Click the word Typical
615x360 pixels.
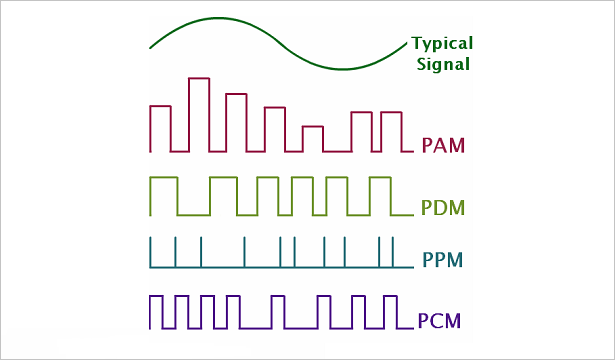(x=442, y=44)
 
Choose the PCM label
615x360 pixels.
(x=440, y=322)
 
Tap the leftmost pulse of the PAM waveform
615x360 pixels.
(x=160, y=128)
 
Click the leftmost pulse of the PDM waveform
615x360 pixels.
(x=163, y=195)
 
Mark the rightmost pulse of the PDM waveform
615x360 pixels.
(x=379, y=195)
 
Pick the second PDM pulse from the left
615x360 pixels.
(x=223, y=195)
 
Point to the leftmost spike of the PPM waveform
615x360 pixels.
(x=151, y=252)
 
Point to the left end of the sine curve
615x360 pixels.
(x=151, y=47)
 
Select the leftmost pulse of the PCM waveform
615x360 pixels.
(x=155, y=311)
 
